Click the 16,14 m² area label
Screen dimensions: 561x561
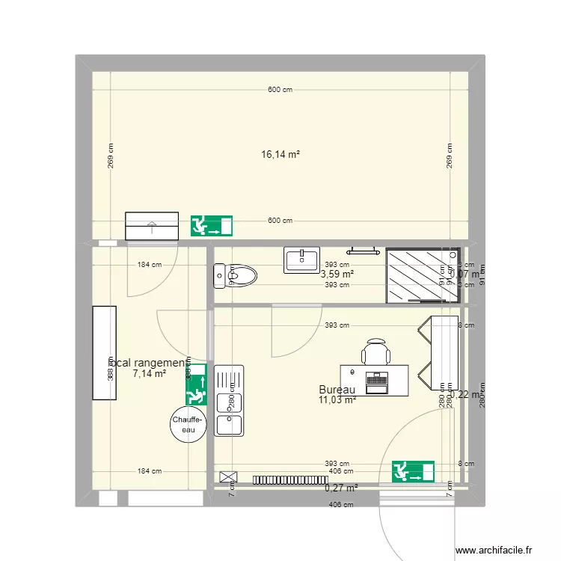[280, 155]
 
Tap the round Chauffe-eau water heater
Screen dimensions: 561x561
[185, 425]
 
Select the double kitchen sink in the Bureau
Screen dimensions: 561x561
[229, 400]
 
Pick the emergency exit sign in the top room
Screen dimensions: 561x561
[211, 226]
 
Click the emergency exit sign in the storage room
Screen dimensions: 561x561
[196, 384]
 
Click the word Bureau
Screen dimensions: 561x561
[337, 390]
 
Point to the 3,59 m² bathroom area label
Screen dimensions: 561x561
[337, 274]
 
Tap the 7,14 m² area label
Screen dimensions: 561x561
[149, 373]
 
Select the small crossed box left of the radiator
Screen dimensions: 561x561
[227, 476]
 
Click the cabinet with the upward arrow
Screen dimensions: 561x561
[152, 226]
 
